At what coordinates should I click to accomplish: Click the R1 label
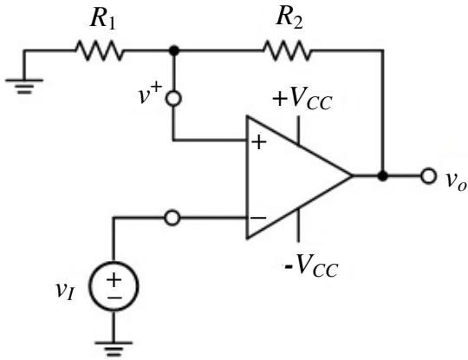[x=102, y=20]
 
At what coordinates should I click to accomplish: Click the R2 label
[x=289, y=18]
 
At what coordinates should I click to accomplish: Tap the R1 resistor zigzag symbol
[x=100, y=51]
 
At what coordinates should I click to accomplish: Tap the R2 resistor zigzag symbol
[x=287, y=51]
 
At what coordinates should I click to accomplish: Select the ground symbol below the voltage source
[x=114, y=349]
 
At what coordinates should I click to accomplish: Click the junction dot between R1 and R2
[x=174, y=51]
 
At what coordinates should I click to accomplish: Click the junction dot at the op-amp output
[x=382, y=176]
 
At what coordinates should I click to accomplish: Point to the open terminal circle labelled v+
[x=173, y=98]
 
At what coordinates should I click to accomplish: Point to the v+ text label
[x=150, y=94]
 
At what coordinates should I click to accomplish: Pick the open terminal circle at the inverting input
[x=172, y=218]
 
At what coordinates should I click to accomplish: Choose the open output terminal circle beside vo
[x=429, y=176]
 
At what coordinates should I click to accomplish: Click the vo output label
[x=456, y=180]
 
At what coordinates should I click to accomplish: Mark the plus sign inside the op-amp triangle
[x=259, y=142]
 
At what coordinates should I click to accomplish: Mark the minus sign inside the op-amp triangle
[x=258, y=218]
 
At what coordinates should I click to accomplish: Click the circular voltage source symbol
[x=114, y=286]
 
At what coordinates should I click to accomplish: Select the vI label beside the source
[x=65, y=291]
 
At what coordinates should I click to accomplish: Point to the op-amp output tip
[x=352, y=176]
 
